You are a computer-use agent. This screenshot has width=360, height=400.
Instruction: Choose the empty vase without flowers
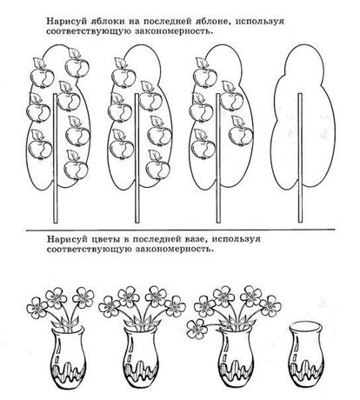pyautogui.click(x=305, y=354)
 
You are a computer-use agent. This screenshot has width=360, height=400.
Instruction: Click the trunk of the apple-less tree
pyautogui.click(x=300, y=158)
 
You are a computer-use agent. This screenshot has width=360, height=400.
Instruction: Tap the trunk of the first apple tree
pyautogui.click(x=56, y=158)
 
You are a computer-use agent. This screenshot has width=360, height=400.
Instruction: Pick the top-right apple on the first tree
pyautogui.click(x=77, y=67)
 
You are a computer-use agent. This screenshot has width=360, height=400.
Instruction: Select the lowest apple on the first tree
pyautogui.click(x=76, y=170)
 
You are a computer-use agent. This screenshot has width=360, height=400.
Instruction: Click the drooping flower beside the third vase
pyautogui.click(x=197, y=329)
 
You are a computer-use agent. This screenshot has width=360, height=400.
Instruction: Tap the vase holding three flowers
pyautogui.click(x=69, y=357)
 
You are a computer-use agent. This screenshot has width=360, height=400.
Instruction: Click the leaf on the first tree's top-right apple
pyautogui.click(x=73, y=54)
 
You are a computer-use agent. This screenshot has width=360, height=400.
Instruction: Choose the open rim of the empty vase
pyautogui.click(x=305, y=327)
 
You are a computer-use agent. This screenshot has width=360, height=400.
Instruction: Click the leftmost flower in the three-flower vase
pyautogui.click(x=37, y=307)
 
